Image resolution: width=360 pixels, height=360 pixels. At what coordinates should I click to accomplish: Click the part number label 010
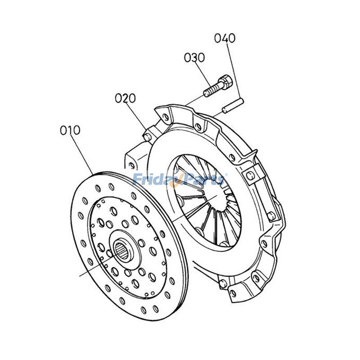coord(70,130)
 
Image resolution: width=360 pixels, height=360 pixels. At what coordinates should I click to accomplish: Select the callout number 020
coord(125,98)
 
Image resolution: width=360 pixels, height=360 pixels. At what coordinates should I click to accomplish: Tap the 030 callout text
coord(194,58)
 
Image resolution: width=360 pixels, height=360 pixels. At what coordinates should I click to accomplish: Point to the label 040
coord(225,38)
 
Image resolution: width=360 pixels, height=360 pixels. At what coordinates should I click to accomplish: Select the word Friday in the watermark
coord(155,180)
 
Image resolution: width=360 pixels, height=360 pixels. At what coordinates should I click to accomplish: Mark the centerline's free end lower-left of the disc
coord(81,274)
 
